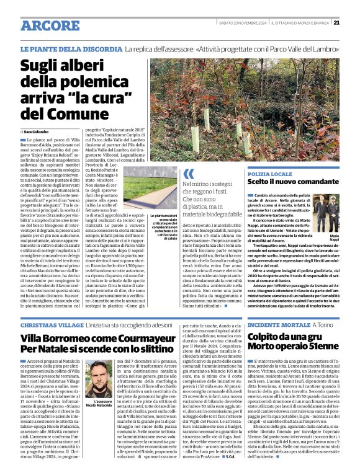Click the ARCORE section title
[49, 25]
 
